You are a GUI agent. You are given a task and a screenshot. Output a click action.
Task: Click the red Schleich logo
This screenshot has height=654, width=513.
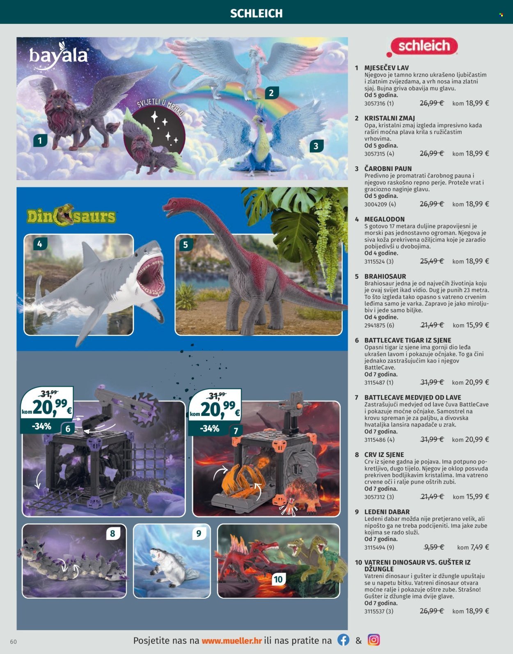click(422, 46)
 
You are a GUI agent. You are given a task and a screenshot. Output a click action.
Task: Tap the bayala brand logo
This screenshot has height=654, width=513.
click(58, 55)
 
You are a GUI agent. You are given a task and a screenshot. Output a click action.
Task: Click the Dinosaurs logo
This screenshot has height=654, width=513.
click(71, 216)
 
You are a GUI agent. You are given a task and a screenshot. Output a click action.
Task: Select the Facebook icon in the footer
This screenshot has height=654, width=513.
click(343, 640)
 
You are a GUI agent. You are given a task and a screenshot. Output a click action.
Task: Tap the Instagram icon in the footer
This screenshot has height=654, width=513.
click(373, 640)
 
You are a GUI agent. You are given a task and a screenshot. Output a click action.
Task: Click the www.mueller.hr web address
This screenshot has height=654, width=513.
click(232, 640)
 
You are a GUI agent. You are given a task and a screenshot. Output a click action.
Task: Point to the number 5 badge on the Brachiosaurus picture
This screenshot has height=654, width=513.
click(186, 245)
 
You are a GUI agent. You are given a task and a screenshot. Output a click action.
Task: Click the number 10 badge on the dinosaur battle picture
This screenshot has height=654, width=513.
click(278, 579)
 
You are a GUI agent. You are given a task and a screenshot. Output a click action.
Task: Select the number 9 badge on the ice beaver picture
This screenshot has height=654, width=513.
click(199, 533)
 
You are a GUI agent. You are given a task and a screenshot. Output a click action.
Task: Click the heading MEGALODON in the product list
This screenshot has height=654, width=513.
click(384, 219)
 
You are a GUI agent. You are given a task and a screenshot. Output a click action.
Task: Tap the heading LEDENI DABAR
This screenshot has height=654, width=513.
click(387, 512)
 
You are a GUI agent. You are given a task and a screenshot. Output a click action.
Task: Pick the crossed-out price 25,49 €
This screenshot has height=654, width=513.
click(432, 261)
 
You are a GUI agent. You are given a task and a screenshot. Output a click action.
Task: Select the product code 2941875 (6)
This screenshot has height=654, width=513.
click(379, 325)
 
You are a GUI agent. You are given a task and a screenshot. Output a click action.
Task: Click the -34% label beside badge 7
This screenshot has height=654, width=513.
click(210, 429)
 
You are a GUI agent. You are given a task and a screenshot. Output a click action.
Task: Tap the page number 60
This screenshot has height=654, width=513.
click(14, 642)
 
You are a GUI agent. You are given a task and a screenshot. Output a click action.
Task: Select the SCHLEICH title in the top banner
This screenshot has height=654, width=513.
click(256, 14)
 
